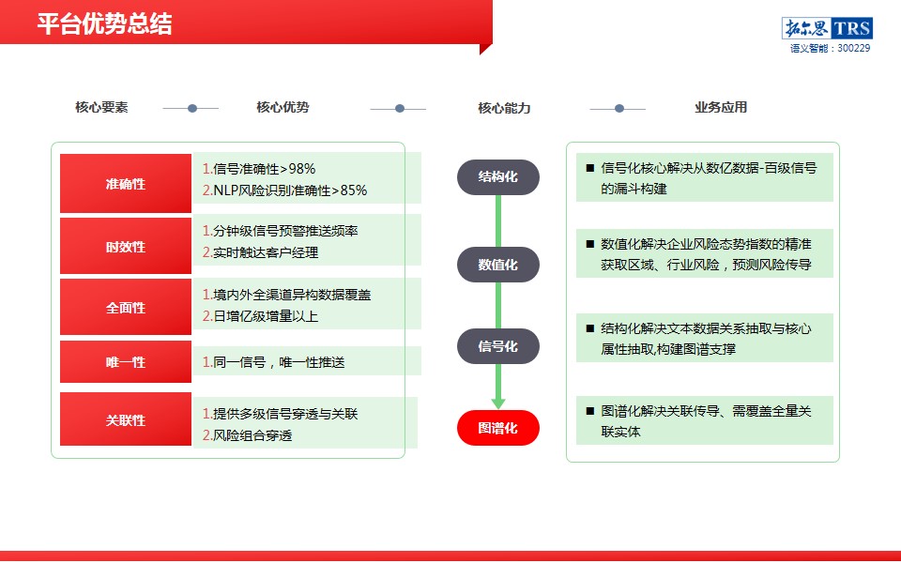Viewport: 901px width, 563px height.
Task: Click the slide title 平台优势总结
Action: pyautogui.click(x=104, y=24)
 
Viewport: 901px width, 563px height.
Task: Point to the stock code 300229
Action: pyautogui.click(x=853, y=48)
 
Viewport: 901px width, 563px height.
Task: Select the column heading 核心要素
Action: pyautogui.click(x=101, y=107)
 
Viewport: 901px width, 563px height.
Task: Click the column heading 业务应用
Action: pyautogui.click(x=721, y=107)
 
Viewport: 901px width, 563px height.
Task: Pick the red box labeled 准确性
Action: pyautogui.click(x=126, y=183)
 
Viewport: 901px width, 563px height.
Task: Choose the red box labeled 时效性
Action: pyautogui.click(x=126, y=246)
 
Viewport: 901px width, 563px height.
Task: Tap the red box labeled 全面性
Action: pyautogui.click(x=126, y=307)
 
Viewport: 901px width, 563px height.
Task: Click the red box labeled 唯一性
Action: pyautogui.click(x=126, y=361)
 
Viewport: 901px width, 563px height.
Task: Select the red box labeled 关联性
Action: pyautogui.click(x=126, y=419)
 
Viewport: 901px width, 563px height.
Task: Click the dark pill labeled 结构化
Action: pyautogui.click(x=498, y=177)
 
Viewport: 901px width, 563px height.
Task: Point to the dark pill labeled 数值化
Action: pyautogui.click(x=498, y=265)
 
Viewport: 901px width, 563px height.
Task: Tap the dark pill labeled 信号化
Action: pyautogui.click(x=498, y=346)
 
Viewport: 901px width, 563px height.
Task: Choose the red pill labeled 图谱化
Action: pyautogui.click(x=498, y=428)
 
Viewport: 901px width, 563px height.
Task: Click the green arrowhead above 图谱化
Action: pyautogui.click(x=498, y=403)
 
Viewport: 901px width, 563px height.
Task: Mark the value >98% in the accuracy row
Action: pyautogui.click(x=298, y=169)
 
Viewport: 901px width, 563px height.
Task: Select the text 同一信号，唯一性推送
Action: pyautogui.click(x=280, y=362)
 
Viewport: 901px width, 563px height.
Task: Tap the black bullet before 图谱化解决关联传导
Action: pyautogui.click(x=589, y=411)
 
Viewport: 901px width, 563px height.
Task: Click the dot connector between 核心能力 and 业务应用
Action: pyautogui.click(x=618, y=108)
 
